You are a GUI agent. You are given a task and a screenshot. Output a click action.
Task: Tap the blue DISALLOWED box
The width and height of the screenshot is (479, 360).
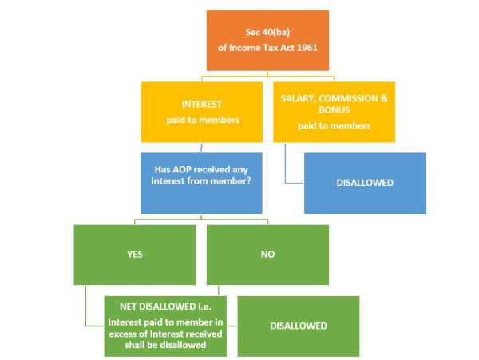(x=364, y=183)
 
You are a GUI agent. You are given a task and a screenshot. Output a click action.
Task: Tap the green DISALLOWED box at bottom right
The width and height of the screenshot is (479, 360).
(x=298, y=326)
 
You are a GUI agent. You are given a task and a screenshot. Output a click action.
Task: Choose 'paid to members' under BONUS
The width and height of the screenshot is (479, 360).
(x=334, y=125)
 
